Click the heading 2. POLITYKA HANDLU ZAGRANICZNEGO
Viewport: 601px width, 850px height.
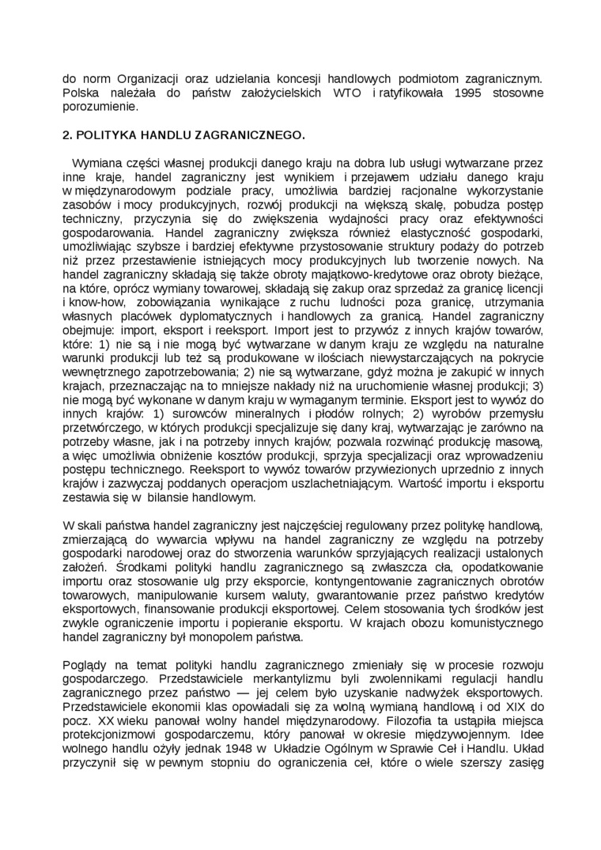pos(183,135)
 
